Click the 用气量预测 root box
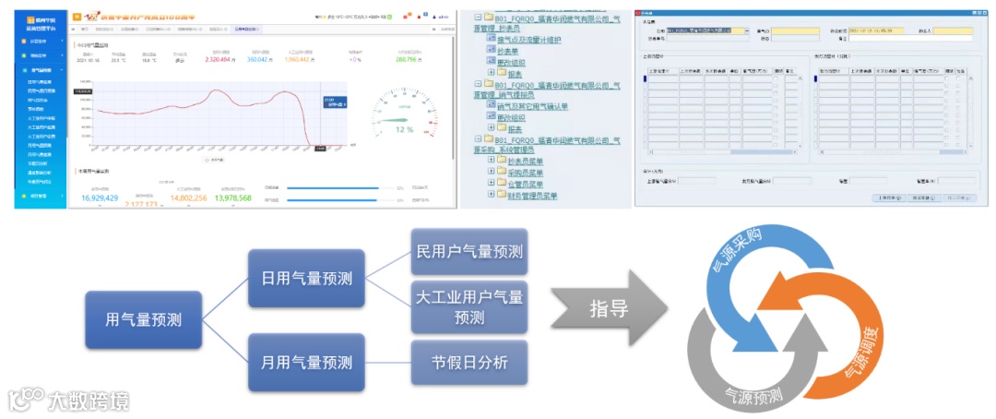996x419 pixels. click(x=143, y=320)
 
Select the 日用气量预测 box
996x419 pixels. click(x=301, y=278)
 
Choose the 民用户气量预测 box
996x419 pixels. click(x=469, y=251)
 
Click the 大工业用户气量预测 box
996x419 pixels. click(x=469, y=307)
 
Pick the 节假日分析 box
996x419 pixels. click(x=469, y=363)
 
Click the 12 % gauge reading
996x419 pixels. click(x=404, y=129)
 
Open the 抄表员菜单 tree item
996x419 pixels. click(x=526, y=160)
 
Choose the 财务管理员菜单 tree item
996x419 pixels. click(x=533, y=196)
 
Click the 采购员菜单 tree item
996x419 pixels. click(x=526, y=172)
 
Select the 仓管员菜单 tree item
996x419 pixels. click(x=526, y=184)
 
